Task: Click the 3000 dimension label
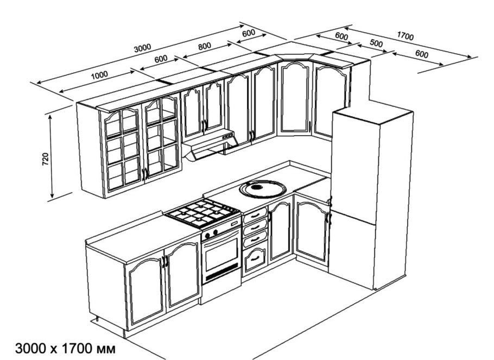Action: tap(143, 48)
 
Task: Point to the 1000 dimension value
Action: tap(99, 75)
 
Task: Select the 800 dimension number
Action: tap(205, 47)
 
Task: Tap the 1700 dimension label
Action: tap(405, 36)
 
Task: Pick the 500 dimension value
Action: tap(376, 43)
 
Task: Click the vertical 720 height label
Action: tap(46, 159)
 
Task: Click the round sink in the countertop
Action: tap(263, 189)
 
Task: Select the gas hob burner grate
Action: tap(202, 213)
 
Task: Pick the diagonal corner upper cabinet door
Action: tap(295, 98)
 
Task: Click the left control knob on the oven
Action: tap(207, 235)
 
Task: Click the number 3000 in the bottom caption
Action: tap(30, 349)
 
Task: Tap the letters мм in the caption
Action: tap(106, 350)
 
